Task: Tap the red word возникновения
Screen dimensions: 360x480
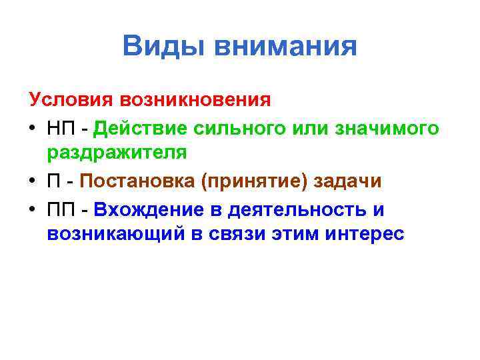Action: click(x=196, y=100)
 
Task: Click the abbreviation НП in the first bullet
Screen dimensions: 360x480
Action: click(x=61, y=127)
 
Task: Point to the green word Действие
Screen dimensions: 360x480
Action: click(x=139, y=127)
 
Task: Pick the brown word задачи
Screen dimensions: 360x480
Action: click(x=349, y=181)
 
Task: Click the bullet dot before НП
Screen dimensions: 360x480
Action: click(x=34, y=127)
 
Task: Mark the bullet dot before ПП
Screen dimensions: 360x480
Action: click(x=34, y=209)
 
